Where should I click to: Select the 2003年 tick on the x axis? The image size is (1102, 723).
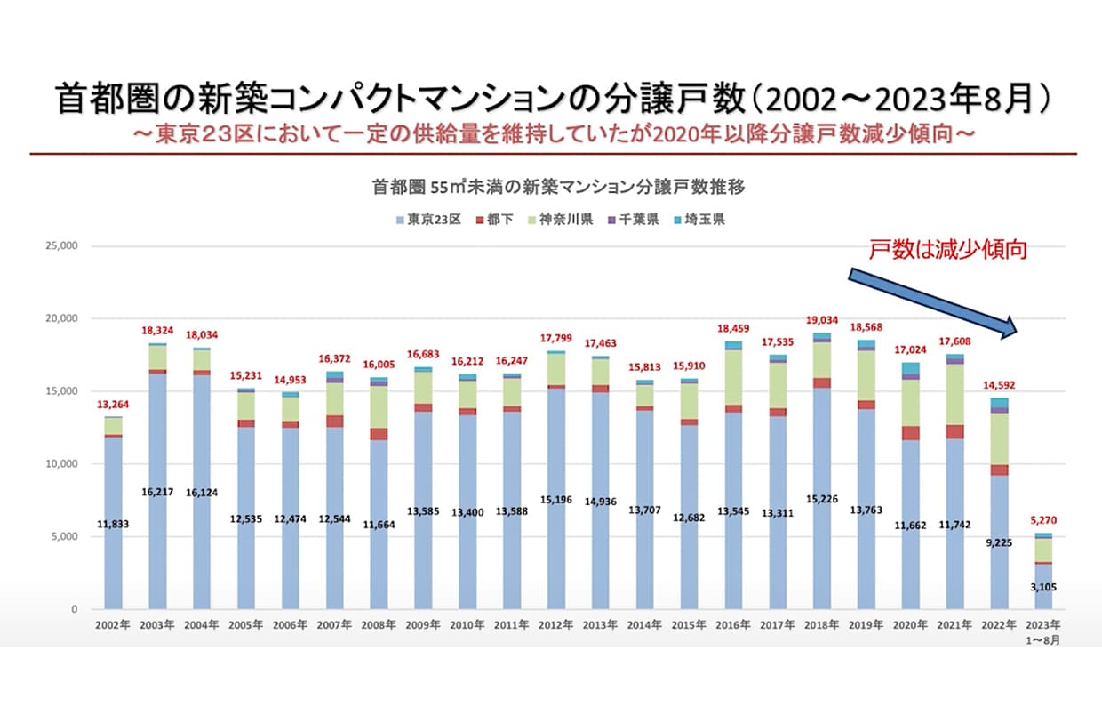157,625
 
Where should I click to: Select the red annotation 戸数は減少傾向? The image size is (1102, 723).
947,249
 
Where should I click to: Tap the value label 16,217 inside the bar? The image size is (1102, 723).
157,490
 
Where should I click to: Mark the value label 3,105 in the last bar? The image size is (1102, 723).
1042,588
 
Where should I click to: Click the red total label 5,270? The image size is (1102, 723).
1042,520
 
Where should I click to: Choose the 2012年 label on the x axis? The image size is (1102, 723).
555,625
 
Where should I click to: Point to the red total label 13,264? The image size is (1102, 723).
113,405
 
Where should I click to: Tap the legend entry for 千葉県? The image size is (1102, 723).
635,220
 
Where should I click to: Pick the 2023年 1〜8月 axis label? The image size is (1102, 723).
1042,631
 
